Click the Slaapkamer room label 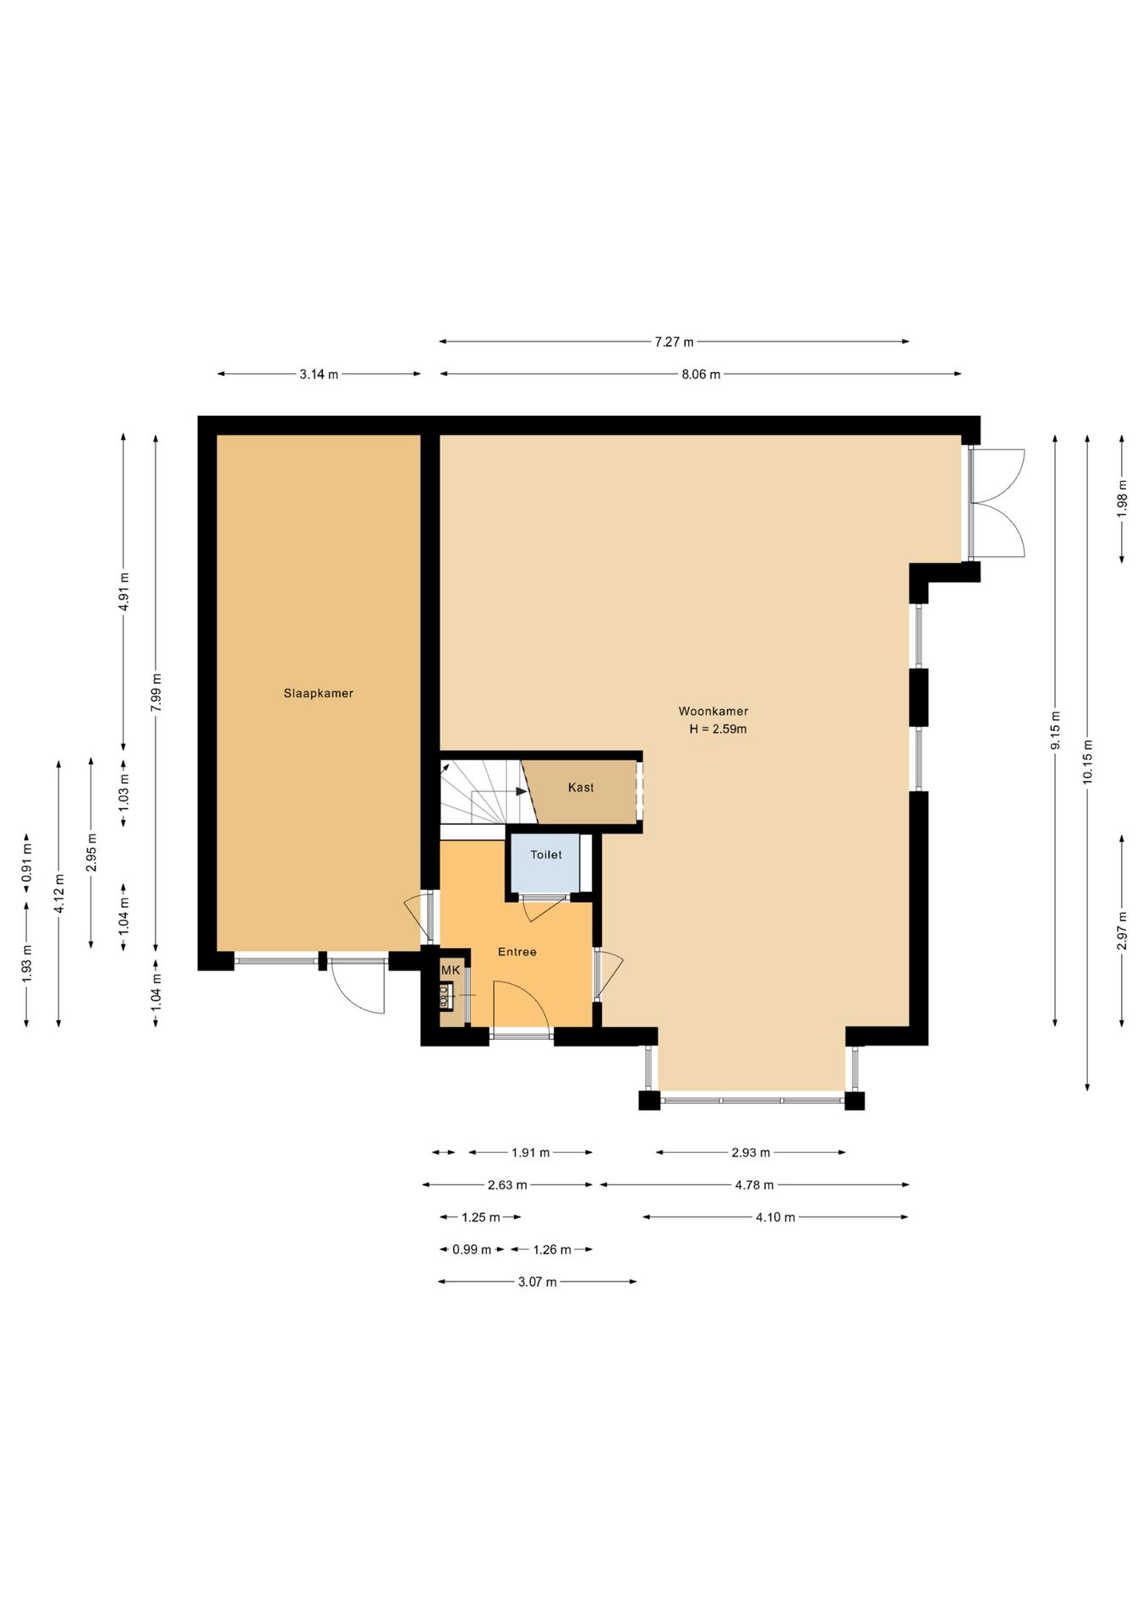(318, 693)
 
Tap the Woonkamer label (713, 711)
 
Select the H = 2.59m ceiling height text (718, 729)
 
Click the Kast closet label (581, 787)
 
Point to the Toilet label (546, 855)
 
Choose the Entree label (517, 952)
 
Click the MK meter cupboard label (451, 970)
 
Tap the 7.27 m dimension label (674, 342)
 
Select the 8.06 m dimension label (701, 374)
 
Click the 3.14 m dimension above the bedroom (319, 374)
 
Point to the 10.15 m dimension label (1088, 762)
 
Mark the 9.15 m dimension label (1056, 730)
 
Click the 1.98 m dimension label (1122, 499)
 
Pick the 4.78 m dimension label (754, 1185)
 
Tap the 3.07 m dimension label (538, 1282)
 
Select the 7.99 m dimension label (156, 692)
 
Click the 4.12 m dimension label (59, 893)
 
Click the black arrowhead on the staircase (522, 791)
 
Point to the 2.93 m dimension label (751, 1153)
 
